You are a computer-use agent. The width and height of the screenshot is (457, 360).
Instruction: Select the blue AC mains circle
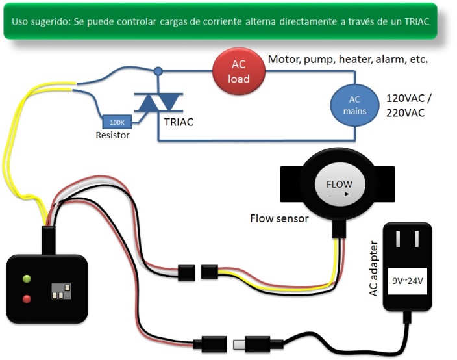(x=354, y=105)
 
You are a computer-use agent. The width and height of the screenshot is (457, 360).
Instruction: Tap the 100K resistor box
(x=118, y=122)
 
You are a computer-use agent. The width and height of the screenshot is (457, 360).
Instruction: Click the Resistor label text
(x=112, y=136)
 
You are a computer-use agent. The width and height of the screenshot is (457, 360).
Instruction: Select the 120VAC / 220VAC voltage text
(x=409, y=105)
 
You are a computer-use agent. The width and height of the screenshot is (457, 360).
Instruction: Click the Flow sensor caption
(x=279, y=218)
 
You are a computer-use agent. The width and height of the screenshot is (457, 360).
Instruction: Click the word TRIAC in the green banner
(x=415, y=21)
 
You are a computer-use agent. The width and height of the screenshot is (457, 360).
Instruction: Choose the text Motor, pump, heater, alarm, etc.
(x=348, y=60)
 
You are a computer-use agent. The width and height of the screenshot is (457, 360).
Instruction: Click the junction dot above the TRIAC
(x=158, y=70)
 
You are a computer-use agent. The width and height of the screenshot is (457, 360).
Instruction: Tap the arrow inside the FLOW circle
(x=338, y=193)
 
